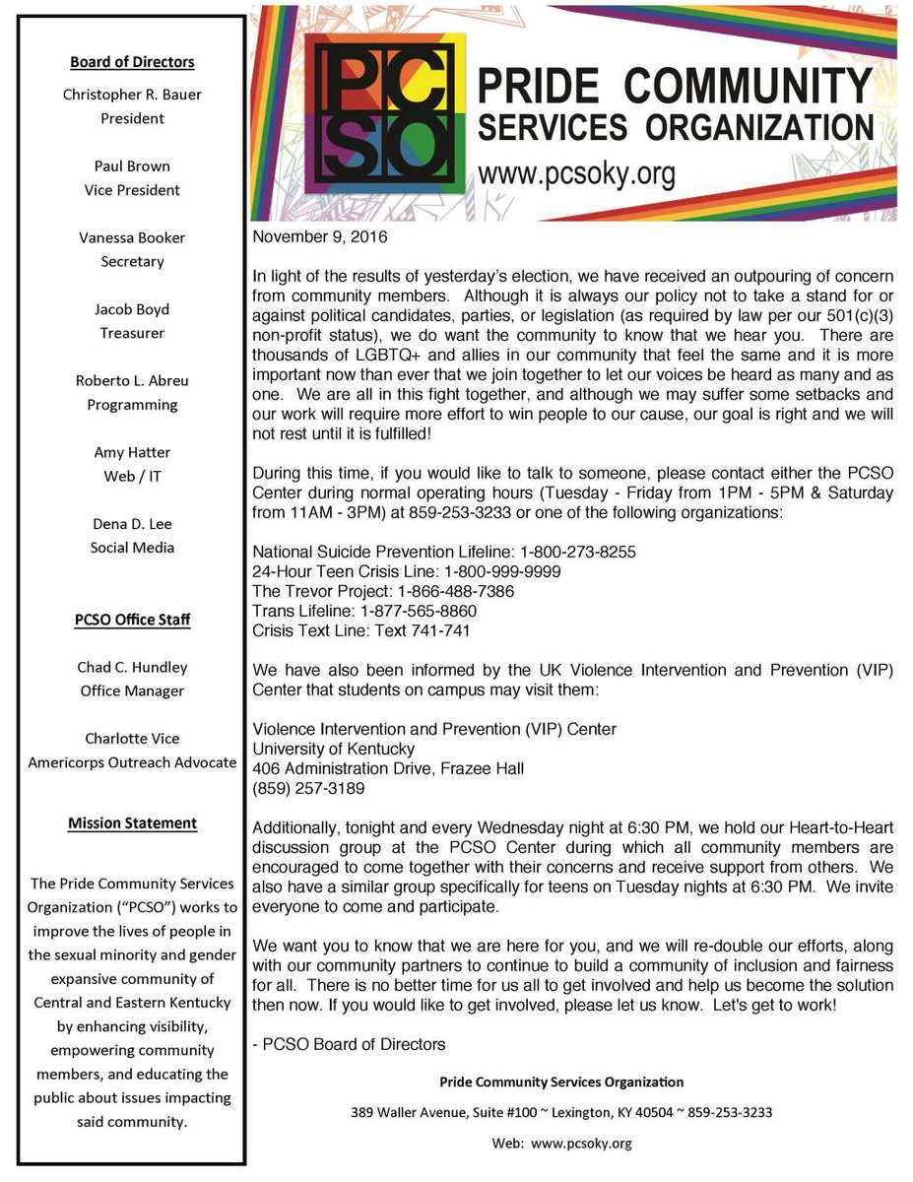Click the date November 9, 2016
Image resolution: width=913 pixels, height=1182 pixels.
click(320, 237)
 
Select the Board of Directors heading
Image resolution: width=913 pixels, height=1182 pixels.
click(132, 62)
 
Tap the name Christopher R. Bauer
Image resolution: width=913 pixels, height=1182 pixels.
click(132, 95)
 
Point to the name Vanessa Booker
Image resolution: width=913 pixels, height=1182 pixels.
click(132, 237)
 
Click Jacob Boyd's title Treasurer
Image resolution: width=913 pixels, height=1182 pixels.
click(132, 333)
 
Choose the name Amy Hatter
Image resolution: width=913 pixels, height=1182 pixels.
click(132, 452)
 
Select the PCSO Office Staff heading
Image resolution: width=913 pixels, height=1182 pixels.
click(132, 620)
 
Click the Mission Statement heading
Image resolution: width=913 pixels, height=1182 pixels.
click(132, 822)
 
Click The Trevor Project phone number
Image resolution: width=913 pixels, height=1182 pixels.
click(456, 592)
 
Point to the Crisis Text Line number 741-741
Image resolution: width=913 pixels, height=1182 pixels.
click(445, 631)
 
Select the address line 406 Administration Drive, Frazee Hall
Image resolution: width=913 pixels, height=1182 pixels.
click(389, 768)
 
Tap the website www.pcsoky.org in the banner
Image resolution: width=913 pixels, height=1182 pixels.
click(576, 175)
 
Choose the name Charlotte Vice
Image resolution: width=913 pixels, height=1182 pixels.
click(132, 739)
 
